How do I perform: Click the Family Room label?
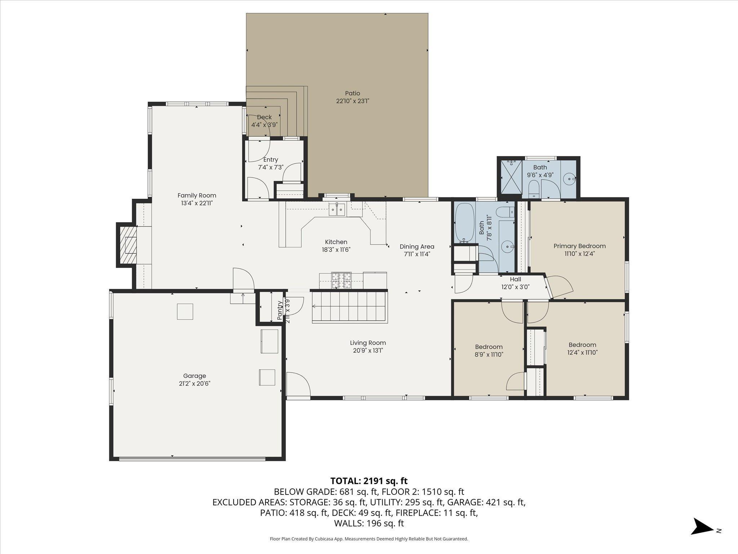[x=197, y=195]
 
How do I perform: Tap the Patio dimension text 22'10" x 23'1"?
[x=352, y=101]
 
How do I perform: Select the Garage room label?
[x=195, y=376]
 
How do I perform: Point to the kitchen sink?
[x=337, y=209]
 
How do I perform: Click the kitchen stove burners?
[x=341, y=280]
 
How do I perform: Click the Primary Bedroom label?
[x=579, y=246]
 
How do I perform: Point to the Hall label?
[x=515, y=279]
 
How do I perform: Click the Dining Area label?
[x=417, y=247]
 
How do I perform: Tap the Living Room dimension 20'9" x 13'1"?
[x=368, y=351]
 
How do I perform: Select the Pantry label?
[x=280, y=310]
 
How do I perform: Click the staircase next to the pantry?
[x=350, y=307]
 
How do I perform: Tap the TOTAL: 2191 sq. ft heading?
[x=369, y=481]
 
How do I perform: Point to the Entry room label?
[x=271, y=160]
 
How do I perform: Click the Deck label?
[x=264, y=117]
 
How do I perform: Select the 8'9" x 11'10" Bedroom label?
[x=489, y=347]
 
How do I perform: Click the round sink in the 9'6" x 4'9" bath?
[x=569, y=178]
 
